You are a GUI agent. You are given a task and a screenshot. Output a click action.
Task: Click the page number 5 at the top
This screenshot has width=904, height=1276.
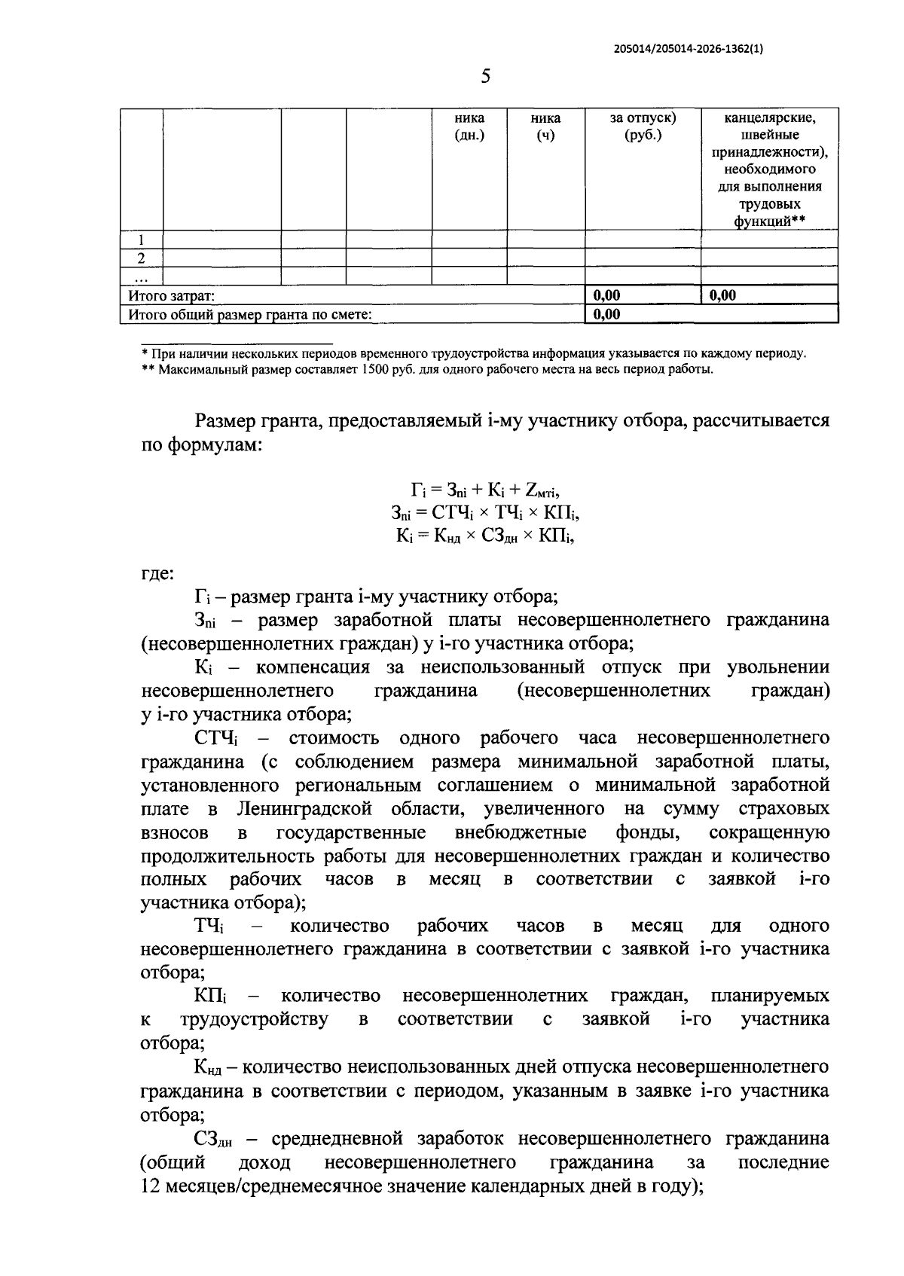(x=485, y=77)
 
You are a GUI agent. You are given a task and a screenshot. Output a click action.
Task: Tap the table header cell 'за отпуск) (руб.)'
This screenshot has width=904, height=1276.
(x=643, y=127)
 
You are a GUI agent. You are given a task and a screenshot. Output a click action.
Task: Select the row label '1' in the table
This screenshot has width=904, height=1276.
(x=141, y=240)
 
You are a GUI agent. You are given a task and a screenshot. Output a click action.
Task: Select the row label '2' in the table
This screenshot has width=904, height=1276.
(x=141, y=258)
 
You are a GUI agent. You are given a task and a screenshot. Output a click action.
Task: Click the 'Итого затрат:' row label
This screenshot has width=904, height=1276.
(x=172, y=296)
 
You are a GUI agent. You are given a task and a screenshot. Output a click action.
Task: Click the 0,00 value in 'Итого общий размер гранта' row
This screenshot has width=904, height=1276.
(x=607, y=314)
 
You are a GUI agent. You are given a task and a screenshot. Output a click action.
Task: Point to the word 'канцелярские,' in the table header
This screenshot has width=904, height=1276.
(x=770, y=118)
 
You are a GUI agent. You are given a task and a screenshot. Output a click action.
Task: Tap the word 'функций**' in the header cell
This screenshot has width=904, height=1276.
(x=769, y=221)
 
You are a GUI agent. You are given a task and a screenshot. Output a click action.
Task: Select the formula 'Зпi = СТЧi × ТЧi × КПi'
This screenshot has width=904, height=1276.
(x=485, y=513)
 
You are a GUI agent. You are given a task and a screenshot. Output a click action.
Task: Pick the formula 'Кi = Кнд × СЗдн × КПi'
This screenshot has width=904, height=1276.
(x=485, y=536)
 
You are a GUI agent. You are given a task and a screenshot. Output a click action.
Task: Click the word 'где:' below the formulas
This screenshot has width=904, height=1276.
(x=157, y=574)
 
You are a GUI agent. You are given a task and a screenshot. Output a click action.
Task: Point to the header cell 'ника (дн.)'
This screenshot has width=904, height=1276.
(x=469, y=127)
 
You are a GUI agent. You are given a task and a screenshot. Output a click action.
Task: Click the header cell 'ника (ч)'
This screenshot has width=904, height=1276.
(x=545, y=127)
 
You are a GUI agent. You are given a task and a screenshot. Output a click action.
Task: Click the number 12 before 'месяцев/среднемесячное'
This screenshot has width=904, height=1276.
(x=149, y=1186)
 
